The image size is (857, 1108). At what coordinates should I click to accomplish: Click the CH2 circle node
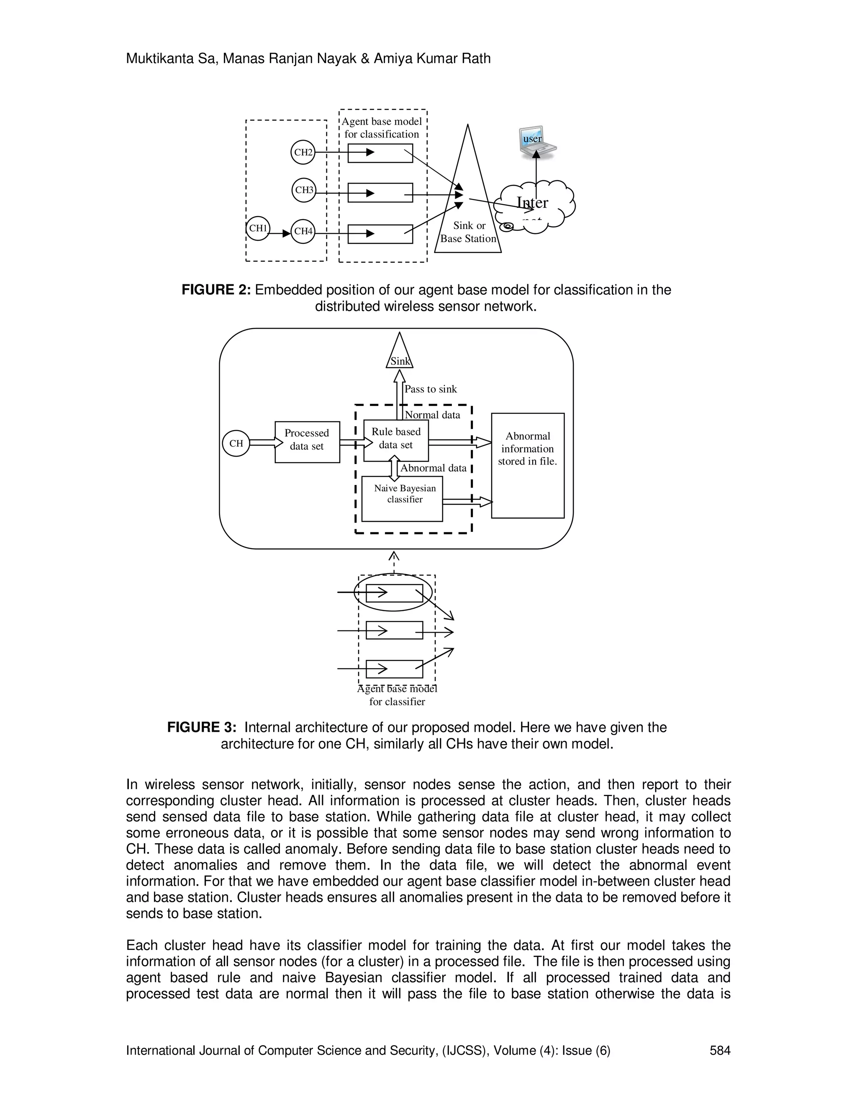(x=303, y=152)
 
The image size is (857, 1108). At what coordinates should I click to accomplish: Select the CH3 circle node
(x=304, y=190)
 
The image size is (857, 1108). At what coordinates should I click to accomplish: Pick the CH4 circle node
(x=303, y=231)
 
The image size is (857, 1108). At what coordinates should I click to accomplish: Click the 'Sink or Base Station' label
(x=469, y=232)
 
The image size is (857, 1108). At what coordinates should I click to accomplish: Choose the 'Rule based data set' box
(x=396, y=439)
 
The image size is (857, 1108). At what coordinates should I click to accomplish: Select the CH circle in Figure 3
(x=236, y=443)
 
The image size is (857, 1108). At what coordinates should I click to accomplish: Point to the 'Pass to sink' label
(x=431, y=389)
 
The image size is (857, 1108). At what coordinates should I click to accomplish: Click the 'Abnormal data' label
(x=433, y=468)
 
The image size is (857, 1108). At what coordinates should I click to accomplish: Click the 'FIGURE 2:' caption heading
(x=216, y=290)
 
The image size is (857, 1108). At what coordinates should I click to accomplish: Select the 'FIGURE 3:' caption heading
(x=202, y=728)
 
